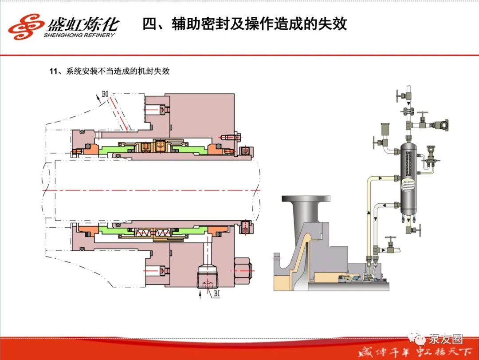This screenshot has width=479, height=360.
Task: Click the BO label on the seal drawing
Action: point(105,94)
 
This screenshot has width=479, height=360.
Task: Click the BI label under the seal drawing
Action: point(216,293)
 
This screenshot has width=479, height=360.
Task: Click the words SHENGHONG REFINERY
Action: point(79,35)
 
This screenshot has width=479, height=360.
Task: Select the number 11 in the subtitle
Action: point(54,71)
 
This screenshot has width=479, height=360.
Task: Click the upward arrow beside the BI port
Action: point(200,294)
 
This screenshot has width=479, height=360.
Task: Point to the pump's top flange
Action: point(306,198)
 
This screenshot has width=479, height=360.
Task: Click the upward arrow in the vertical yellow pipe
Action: point(369,212)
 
